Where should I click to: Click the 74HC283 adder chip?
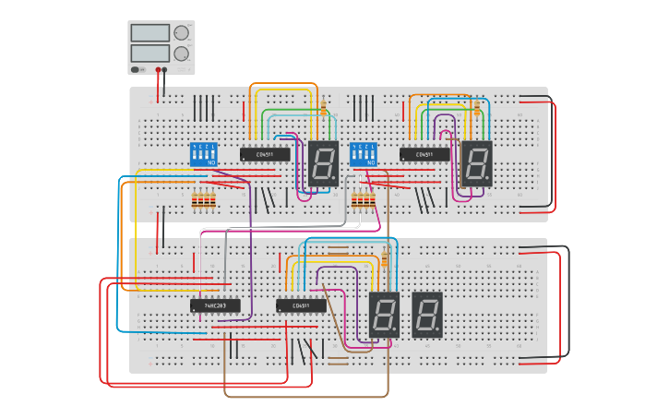click(x=215, y=305)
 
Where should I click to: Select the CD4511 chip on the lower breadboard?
click(x=301, y=305)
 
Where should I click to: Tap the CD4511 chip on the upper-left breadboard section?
click(x=265, y=154)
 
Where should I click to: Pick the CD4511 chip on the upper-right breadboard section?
click(x=424, y=154)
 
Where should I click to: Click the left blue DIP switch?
click(x=203, y=154)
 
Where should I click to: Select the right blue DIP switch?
click(x=364, y=154)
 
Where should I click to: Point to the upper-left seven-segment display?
click(x=323, y=164)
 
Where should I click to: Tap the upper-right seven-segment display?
click(x=476, y=164)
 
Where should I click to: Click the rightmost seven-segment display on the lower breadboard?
click(x=426, y=315)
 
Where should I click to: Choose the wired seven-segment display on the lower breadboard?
click(x=384, y=315)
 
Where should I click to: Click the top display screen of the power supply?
click(x=149, y=33)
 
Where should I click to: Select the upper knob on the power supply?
click(x=181, y=33)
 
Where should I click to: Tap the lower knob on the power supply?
click(x=181, y=54)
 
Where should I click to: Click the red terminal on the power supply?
click(x=158, y=69)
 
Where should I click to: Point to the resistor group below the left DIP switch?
click(x=203, y=200)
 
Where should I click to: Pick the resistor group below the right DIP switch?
click(x=364, y=200)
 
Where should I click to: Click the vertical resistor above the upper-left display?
click(x=323, y=107)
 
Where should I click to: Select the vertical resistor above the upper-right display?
click(x=476, y=107)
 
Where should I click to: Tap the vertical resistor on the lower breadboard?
click(x=384, y=260)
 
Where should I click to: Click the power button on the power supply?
click(x=136, y=69)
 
